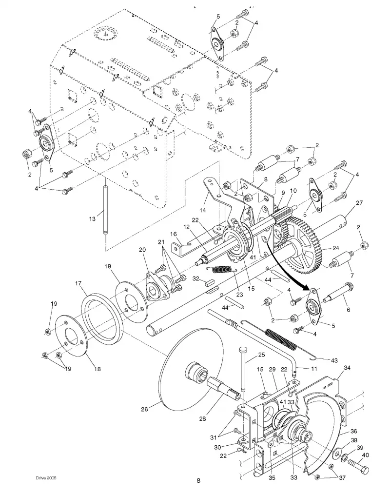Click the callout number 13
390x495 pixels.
click(92, 219)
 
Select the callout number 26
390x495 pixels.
click(144, 409)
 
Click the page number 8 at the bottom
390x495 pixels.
click(198, 480)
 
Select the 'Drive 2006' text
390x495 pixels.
click(46, 478)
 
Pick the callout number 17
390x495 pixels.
click(78, 283)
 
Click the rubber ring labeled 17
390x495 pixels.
click(102, 317)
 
